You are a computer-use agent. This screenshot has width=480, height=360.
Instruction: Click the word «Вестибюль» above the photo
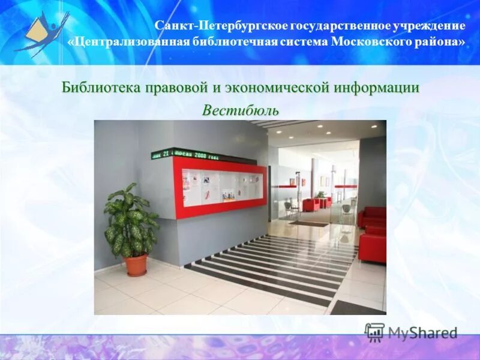click(x=240, y=111)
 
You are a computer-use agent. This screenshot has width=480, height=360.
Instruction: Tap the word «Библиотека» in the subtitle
click(x=100, y=88)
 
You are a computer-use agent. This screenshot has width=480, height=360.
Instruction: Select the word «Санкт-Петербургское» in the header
click(x=221, y=26)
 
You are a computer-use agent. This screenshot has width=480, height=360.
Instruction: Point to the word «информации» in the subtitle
click(x=377, y=88)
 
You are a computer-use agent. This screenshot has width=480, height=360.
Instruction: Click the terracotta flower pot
click(x=136, y=265)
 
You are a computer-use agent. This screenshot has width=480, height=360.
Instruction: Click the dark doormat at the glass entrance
click(x=308, y=224)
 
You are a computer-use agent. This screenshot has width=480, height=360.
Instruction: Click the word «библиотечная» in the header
click(x=240, y=42)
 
